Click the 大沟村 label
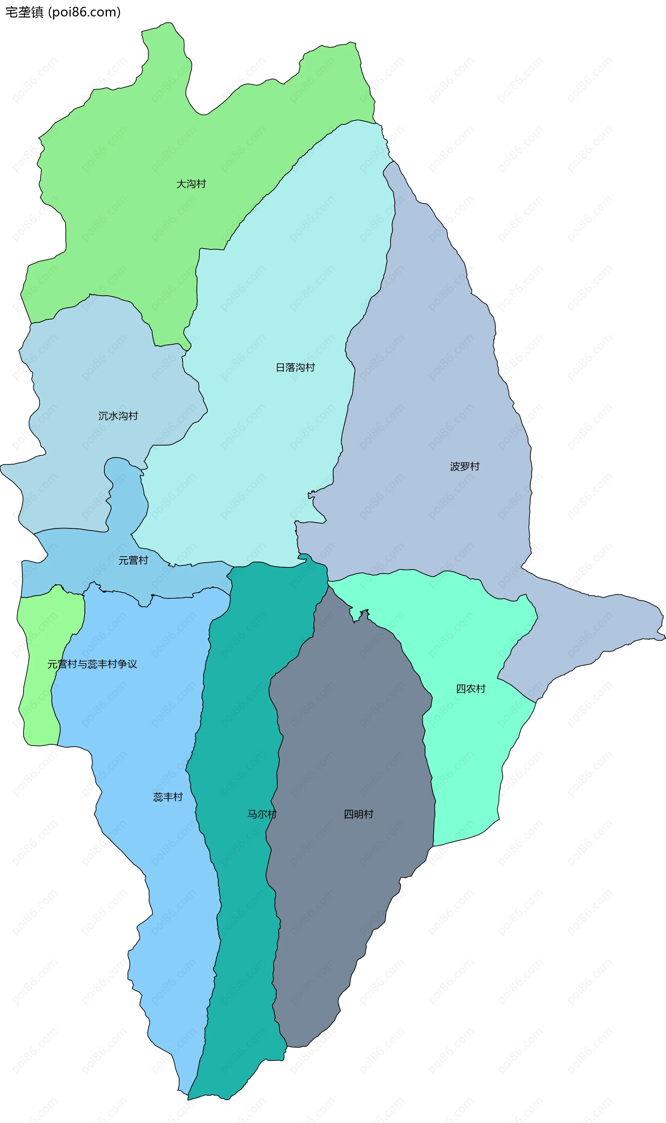point(191,184)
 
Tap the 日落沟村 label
point(295,367)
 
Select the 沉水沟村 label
point(118,416)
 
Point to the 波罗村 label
point(464,466)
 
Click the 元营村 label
point(133,560)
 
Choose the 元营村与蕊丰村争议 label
point(92,664)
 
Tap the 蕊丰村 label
point(168,797)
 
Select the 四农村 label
point(470,689)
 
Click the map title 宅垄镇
point(24,12)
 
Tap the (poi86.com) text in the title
point(84,12)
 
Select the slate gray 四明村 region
point(350,740)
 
